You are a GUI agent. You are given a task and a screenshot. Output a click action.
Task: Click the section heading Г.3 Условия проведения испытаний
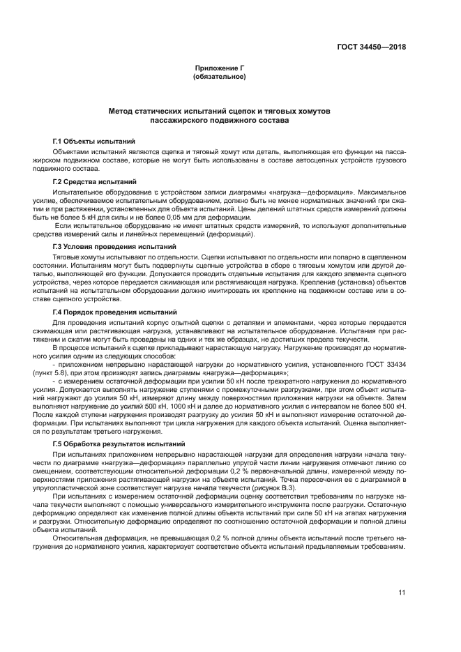point(105,247)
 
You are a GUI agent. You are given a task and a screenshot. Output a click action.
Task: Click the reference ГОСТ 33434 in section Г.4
point(387,365)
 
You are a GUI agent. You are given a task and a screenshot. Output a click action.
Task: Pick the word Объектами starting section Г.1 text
point(72,150)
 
